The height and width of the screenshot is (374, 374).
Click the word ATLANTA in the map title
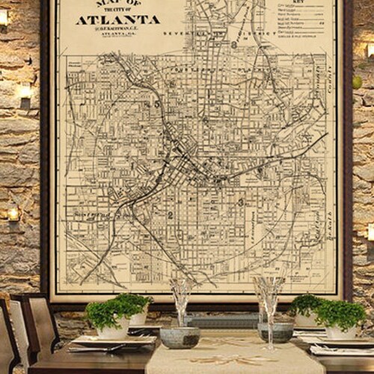tap(117, 19)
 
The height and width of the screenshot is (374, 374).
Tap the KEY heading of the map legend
tap(302, 3)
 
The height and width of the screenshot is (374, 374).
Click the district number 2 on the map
tap(171, 215)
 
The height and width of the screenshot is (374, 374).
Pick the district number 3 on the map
tap(240, 202)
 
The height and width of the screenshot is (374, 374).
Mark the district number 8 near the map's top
tap(233, 44)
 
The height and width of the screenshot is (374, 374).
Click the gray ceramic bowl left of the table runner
tap(180, 337)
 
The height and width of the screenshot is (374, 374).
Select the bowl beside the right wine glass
tap(276, 331)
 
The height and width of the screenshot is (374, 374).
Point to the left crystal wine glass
tap(180, 299)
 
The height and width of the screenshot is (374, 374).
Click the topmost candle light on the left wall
tap(4, 16)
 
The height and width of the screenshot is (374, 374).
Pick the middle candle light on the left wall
tap(25, 93)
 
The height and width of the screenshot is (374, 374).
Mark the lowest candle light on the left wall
tap(13, 215)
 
